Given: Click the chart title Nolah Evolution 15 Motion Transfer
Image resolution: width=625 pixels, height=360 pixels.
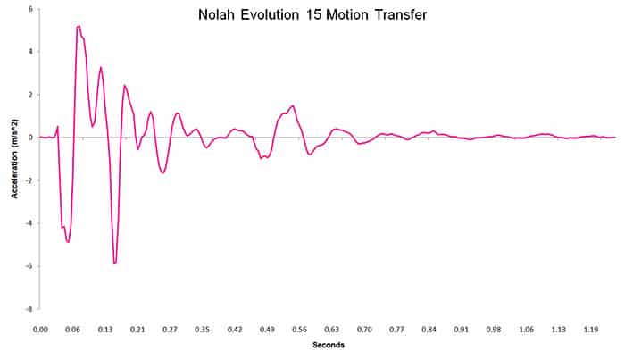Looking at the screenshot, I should (312, 15).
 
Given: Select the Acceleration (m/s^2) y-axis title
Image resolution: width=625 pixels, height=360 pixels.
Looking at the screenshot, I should (15, 158).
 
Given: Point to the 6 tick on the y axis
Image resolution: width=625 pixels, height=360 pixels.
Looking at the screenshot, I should (30, 9).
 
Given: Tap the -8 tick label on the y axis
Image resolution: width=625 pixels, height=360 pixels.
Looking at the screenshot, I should (29, 309).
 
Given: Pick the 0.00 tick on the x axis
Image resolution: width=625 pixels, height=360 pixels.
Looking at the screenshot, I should (40, 329).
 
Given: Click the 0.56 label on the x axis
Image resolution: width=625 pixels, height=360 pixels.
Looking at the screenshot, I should (299, 329).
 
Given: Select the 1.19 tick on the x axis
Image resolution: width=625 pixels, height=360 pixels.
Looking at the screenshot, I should (591, 329).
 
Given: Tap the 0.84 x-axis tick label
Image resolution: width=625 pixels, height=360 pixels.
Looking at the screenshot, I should (429, 329).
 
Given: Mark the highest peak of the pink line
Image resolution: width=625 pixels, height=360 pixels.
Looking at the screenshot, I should (79, 26).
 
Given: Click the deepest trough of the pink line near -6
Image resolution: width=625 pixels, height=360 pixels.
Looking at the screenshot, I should (115, 264).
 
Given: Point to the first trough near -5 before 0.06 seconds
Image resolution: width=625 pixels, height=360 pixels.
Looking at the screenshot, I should (68, 242).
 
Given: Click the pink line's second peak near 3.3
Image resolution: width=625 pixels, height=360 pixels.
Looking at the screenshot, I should (101, 67).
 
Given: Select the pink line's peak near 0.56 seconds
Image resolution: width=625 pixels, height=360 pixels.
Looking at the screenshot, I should (292, 105).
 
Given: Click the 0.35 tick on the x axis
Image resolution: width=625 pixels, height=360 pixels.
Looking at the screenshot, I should (203, 329).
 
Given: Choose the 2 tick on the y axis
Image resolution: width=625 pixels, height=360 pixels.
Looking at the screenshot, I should (30, 95).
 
